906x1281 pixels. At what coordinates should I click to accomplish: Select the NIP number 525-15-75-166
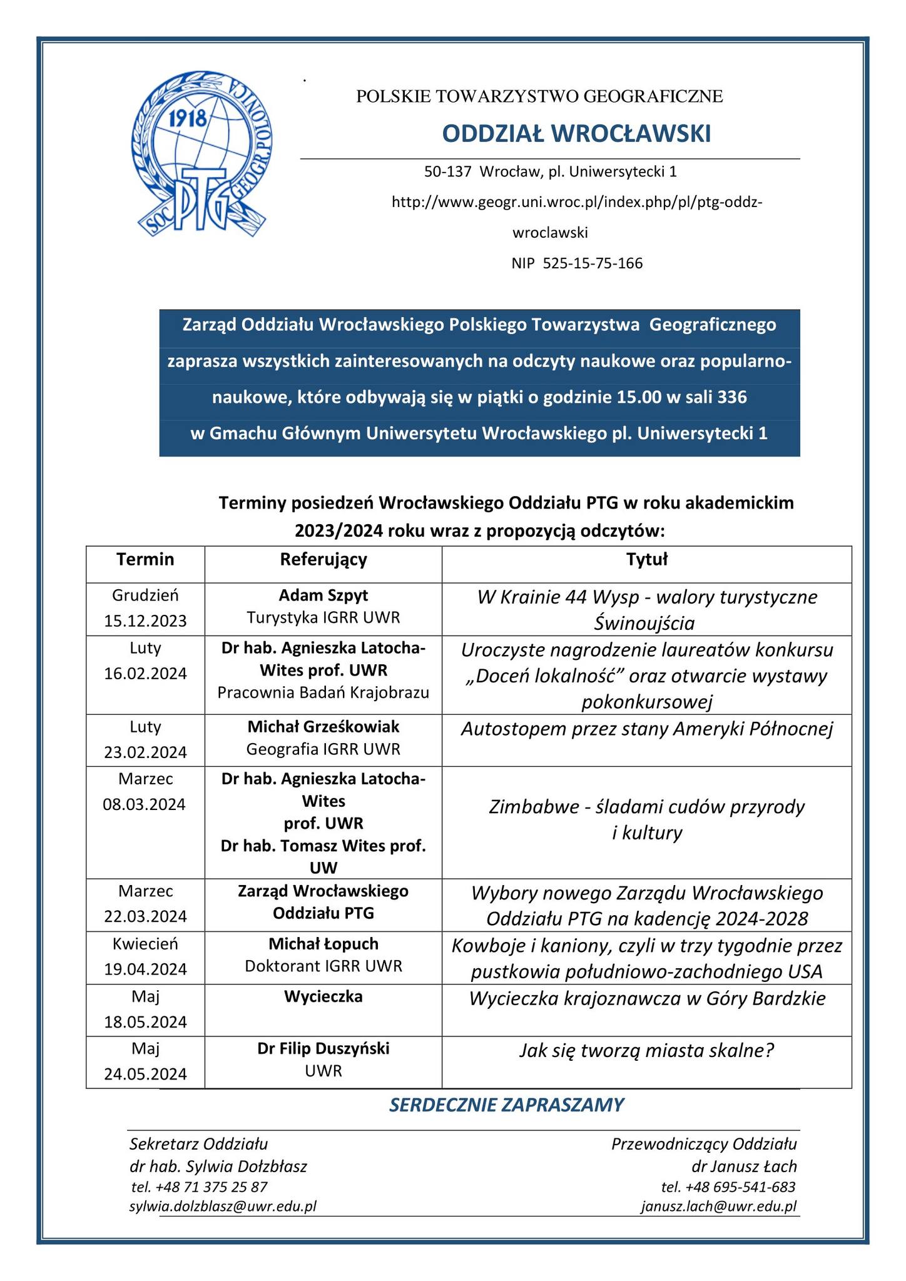point(593,263)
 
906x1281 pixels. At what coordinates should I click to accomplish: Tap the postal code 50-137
point(447,171)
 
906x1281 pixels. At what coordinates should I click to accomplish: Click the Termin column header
point(145,559)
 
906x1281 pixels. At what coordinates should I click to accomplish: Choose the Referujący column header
point(323,559)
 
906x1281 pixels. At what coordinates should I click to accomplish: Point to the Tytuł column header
point(647,559)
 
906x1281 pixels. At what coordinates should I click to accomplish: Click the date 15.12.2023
point(145,620)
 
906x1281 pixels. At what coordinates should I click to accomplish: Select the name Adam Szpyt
point(323,595)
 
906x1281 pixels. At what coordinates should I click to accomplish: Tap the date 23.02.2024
point(145,752)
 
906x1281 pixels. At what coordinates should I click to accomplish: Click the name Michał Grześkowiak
point(323,727)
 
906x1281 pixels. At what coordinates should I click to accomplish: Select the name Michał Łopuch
point(323,943)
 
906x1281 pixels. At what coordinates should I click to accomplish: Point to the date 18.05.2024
point(145,1022)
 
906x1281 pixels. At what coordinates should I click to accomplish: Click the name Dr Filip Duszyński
point(323,1048)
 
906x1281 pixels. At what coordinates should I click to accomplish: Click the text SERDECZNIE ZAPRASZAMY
point(506,1105)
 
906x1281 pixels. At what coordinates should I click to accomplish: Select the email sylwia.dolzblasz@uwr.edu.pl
point(223,1207)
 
